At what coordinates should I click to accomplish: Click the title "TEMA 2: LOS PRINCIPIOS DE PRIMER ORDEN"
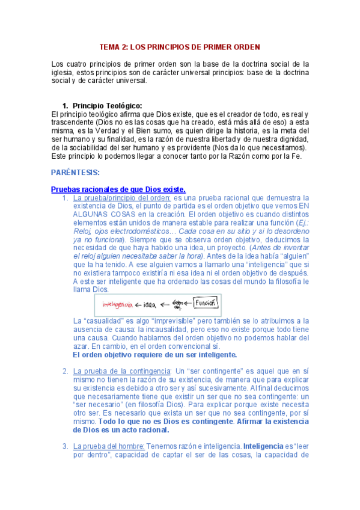(180, 47)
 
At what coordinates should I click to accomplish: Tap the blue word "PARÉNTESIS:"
(76, 173)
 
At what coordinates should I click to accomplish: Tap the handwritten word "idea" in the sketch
(157, 304)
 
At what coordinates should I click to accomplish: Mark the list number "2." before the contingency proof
(65, 370)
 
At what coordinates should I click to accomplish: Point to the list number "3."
(65, 446)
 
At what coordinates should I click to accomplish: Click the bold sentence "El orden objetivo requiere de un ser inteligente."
(154, 355)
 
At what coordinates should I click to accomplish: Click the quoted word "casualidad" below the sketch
(102, 321)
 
